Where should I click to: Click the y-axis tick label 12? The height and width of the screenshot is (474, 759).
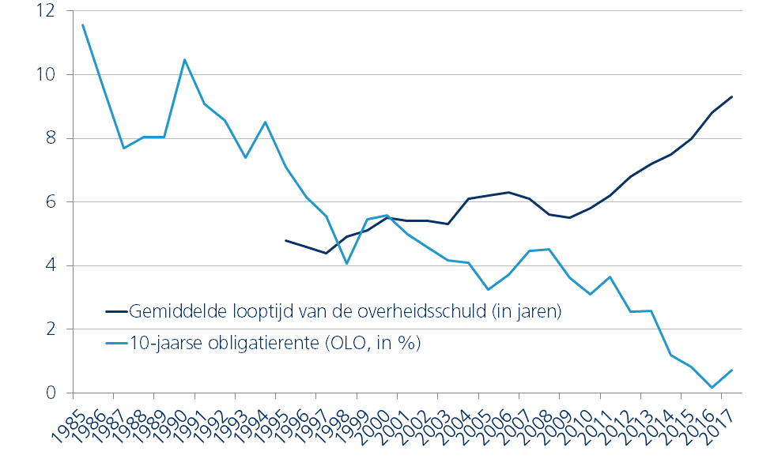(44, 11)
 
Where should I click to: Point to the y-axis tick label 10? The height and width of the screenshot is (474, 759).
(44, 75)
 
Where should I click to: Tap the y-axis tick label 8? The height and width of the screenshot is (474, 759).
(48, 138)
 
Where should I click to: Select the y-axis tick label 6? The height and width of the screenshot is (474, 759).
(48, 202)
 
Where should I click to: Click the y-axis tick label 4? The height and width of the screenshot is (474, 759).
(48, 266)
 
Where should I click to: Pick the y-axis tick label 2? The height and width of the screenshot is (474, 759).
(48, 329)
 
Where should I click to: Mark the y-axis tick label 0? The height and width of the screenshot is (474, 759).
(48, 393)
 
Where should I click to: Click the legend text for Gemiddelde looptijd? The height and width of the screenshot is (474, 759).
(345, 311)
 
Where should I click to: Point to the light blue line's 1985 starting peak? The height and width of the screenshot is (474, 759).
(83, 24)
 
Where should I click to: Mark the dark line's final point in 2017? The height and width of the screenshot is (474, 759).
(732, 96)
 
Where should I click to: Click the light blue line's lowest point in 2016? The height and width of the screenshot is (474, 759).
(712, 387)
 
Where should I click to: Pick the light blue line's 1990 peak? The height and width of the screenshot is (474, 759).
(184, 59)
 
